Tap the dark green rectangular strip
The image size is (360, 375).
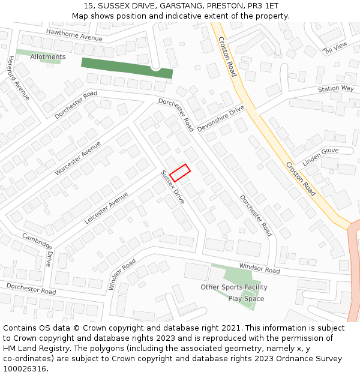tap(127, 68)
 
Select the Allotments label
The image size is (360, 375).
tap(48, 57)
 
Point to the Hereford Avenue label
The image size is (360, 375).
tap(19, 78)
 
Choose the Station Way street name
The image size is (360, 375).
tap(336, 89)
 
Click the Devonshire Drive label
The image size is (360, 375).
tap(221, 118)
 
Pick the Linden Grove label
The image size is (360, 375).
tap(320, 157)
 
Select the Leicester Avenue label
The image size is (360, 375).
tap(106, 208)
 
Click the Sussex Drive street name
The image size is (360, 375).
tap(173, 187)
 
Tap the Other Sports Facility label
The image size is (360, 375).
tap(234, 287)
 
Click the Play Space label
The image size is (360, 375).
tap(246, 299)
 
